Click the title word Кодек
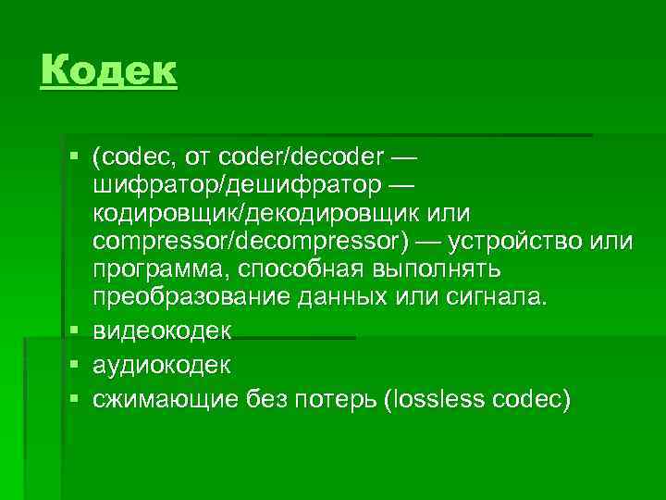[108, 70]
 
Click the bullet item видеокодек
[162, 331]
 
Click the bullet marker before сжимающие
[74, 400]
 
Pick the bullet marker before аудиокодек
[74, 366]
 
